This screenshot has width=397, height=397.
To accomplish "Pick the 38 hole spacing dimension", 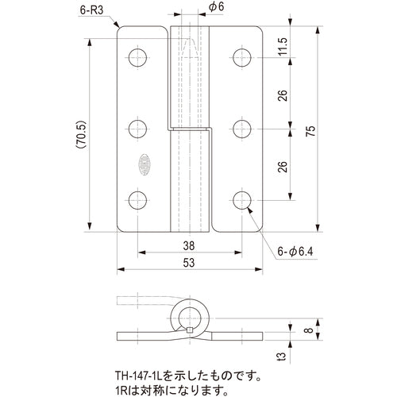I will tap(189, 245).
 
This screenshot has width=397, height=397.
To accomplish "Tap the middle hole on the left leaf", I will tap(138, 127).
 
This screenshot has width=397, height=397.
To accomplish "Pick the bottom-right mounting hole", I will tap(243, 199).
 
